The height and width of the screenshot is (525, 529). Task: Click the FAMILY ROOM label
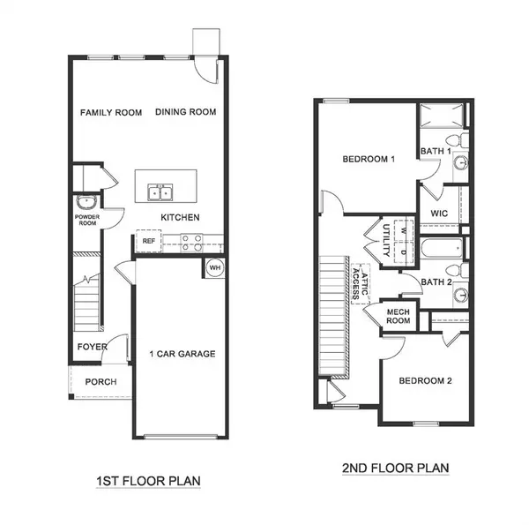(x=112, y=112)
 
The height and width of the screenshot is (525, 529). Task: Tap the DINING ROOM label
(x=186, y=112)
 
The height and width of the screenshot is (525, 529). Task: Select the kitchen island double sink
(x=160, y=191)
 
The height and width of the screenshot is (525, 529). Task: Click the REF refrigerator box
(x=148, y=240)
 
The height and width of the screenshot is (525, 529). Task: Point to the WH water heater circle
(x=215, y=267)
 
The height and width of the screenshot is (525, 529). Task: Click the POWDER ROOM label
(x=86, y=221)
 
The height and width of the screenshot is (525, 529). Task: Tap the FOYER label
(x=92, y=347)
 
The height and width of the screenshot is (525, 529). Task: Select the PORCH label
(x=101, y=382)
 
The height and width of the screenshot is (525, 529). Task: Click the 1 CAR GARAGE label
(x=183, y=354)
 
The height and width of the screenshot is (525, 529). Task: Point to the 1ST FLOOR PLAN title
(x=149, y=482)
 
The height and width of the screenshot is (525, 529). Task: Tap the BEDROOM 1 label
(x=369, y=159)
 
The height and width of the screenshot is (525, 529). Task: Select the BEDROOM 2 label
(x=425, y=381)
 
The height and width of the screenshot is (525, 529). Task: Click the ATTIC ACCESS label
(x=361, y=286)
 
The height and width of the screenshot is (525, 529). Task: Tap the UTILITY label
(x=386, y=238)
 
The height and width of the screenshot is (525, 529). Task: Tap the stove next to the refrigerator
(x=191, y=241)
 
